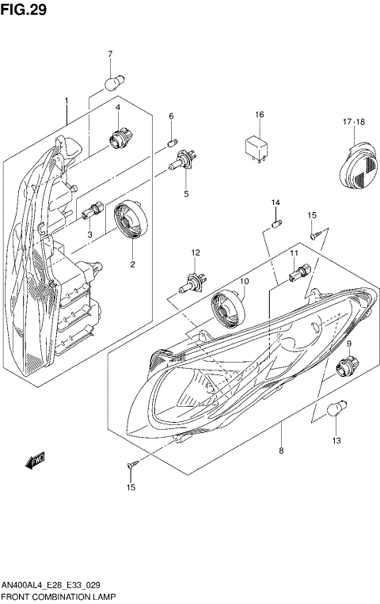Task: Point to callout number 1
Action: [67, 101]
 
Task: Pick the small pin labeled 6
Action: [172, 142]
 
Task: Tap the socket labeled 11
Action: [296, 275]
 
